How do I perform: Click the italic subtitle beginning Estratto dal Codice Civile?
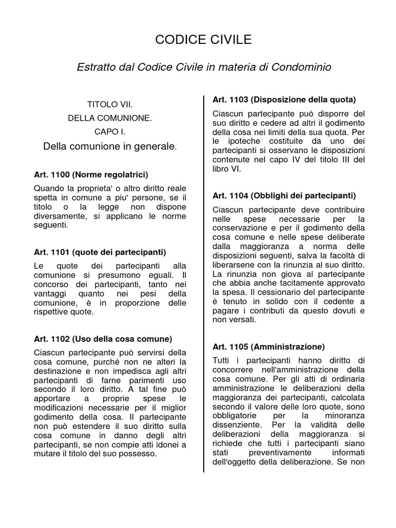coord(204,67)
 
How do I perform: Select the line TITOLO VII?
coord(110,104)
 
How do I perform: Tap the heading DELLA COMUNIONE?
coord(110,118)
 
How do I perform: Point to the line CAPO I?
coord(110,132)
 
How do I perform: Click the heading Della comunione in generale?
coord(110,147)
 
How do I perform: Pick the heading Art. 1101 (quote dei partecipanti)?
coord(100,252)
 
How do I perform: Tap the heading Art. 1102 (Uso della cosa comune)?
coord(103,339)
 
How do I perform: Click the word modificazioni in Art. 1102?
coord(59,407)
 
